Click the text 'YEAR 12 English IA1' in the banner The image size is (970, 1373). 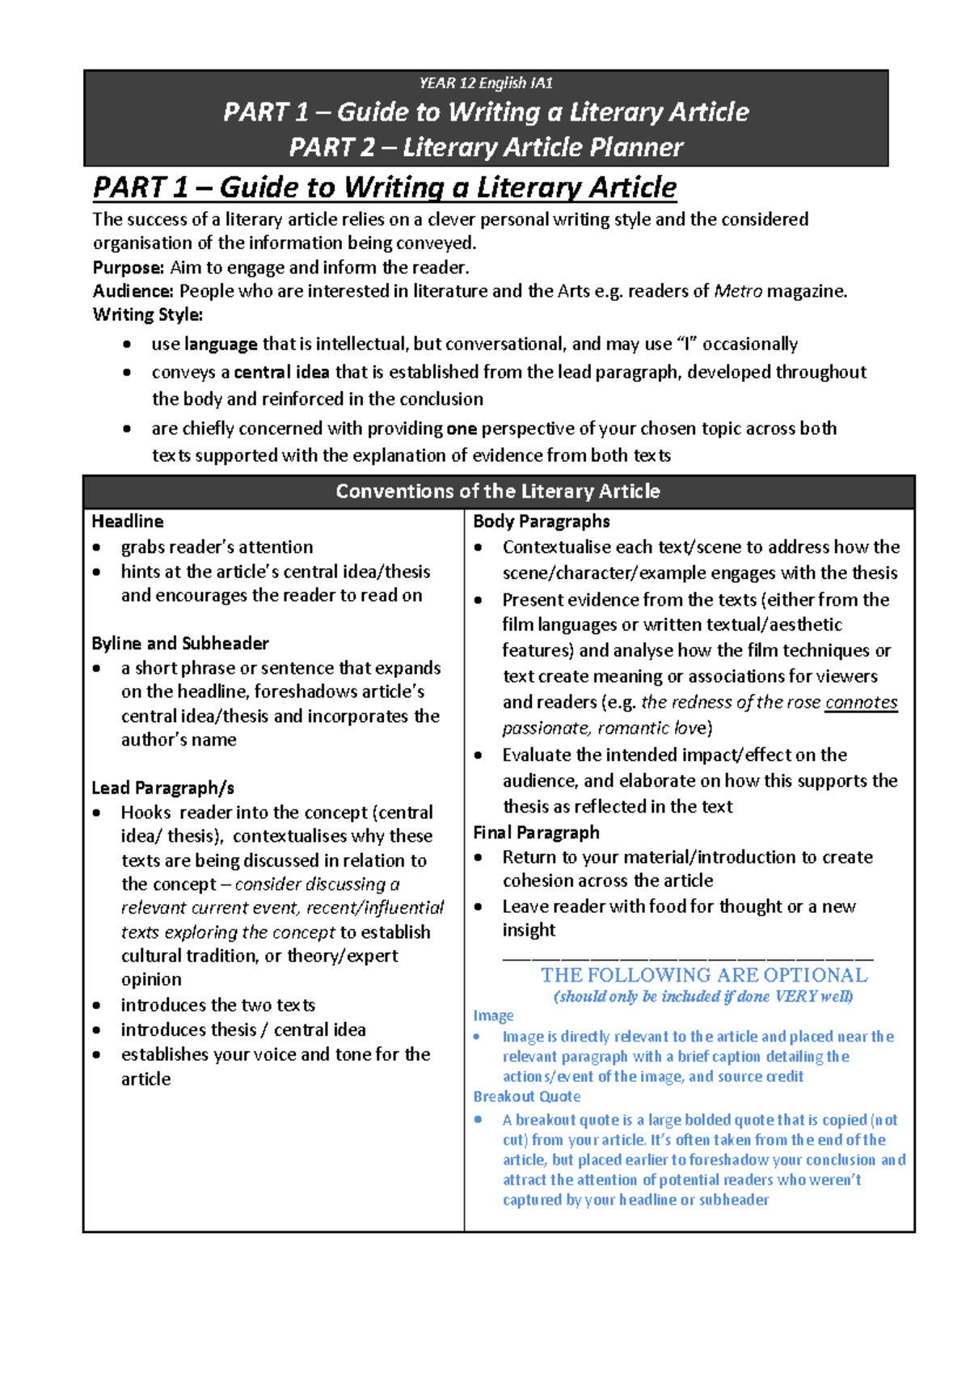pyautogui.click(x=486, y=83)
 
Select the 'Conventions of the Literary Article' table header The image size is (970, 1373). pyautogui.click(x=497, y=492)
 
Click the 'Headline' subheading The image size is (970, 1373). pyautogui.click(x=128, y=522)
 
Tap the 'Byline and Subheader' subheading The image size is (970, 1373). pyautogui.click(x=180, y=644)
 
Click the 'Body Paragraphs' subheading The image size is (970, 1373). pyautogui.click(x=541, y=522)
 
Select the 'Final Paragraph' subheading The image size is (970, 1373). pyautogui.click(x=536, y=833)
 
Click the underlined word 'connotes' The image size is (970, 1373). pyautogui.click(x=861, y=703)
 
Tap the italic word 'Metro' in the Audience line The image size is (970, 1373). pyautogui.click(x=738, y=291)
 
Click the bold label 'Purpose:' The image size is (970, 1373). pyautogui.click(x=129, y=268)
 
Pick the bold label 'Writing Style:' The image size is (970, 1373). pyautogui.click(x=148, y=315)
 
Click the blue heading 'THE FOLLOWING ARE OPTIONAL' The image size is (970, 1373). pyautogui.click(x=704, y=975)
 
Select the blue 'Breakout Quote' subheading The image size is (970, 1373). pyautogui.click(x=526, y=1096)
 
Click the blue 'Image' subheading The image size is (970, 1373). pyautogui.click(x=493, y=1016)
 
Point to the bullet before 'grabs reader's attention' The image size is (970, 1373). pyautogui.click(x=97, y=547)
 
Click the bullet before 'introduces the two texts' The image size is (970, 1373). pyautogui.click(x=97, y=1006)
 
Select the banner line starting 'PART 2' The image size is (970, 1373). pyautogui.click(x=486, y=147)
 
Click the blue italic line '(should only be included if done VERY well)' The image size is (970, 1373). pyautogui.click(x=703, y=996)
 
